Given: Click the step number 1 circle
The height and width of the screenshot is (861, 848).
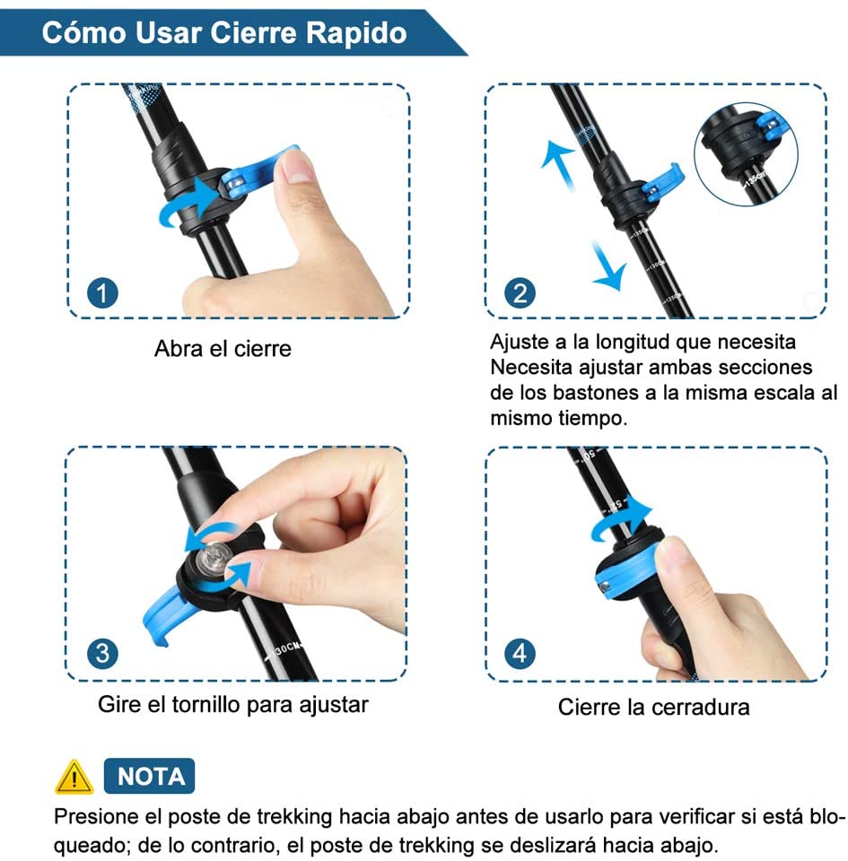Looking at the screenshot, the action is [102, 292].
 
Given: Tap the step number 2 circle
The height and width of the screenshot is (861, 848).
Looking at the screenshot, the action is [520, 292].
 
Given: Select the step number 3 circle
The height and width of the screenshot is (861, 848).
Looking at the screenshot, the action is [102, 654].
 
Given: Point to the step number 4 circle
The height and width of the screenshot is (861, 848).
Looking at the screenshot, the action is [520, 654].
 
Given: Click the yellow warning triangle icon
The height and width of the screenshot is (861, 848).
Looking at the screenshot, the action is [74, 778].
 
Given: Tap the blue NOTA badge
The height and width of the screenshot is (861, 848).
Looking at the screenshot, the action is [149, 776].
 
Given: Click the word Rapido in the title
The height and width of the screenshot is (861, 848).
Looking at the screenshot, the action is [356, 33].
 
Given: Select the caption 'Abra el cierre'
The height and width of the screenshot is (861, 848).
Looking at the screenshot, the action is [223, 349].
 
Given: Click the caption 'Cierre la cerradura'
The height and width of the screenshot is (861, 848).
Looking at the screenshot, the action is [653, 708].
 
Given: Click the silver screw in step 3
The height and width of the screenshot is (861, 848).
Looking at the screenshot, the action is [214, 560].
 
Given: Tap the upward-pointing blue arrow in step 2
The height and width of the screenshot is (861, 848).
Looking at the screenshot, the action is [559, 163].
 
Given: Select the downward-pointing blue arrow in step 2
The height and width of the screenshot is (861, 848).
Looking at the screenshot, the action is [608, 265].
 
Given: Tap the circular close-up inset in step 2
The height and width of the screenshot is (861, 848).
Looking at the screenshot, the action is [746, 154].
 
